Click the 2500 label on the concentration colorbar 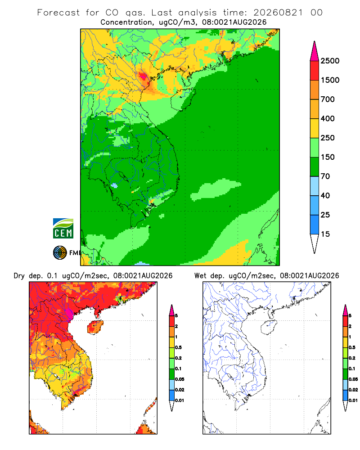330,61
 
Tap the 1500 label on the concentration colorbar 330,80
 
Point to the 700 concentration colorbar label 328,99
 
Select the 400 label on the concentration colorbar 328,118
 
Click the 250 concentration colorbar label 328,138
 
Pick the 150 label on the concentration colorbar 328,157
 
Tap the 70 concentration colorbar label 325,176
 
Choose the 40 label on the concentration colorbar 325,195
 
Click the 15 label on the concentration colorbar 325,234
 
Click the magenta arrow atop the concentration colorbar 315,52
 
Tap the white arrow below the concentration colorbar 315,243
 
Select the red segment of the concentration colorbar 315,71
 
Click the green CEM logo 63,229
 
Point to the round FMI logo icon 60,253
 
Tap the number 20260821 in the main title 278,13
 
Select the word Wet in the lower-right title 200,276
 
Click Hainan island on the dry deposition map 95,327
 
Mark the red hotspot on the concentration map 143,76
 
